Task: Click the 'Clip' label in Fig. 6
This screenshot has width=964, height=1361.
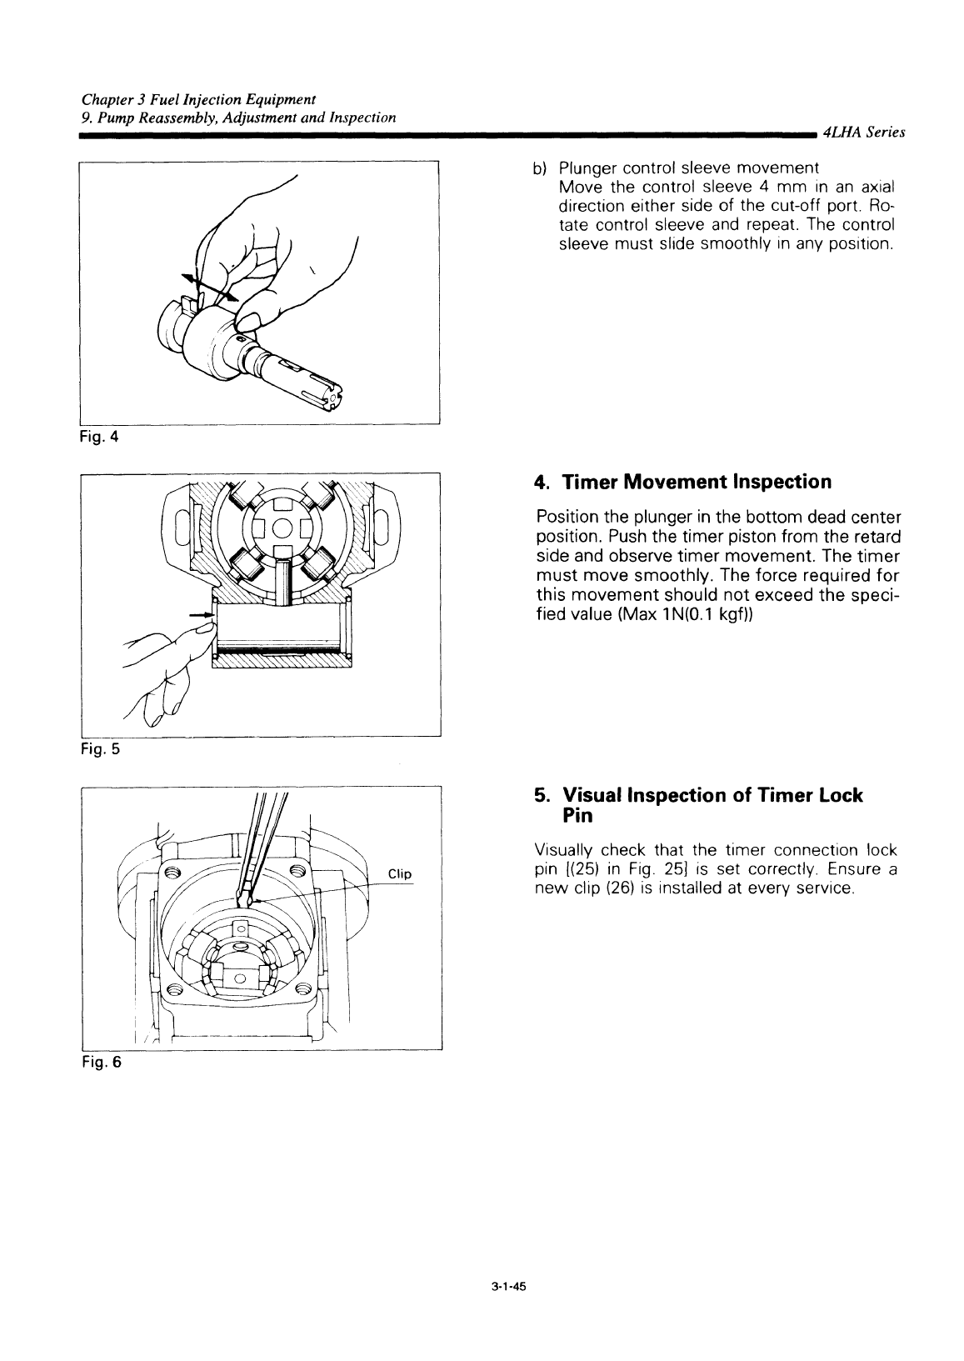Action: point(400,873)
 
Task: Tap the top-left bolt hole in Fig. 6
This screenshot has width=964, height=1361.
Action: point(172,873)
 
